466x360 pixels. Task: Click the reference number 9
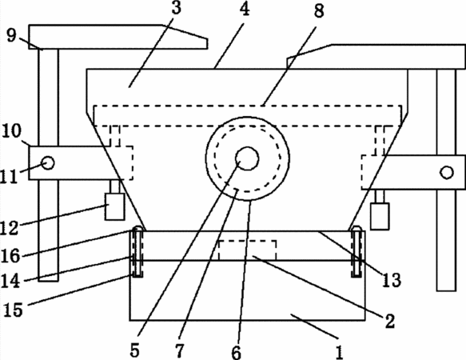[11, 36]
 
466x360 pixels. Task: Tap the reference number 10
[12, 131]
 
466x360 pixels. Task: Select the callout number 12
[10, 228]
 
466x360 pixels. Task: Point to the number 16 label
[10, 255]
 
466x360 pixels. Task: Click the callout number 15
[13, 310]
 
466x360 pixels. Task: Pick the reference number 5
[134, 350]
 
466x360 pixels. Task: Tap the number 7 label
[180, 350]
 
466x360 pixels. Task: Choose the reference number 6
[237, 353]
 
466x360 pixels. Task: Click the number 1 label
[340, 352]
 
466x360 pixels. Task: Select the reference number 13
[392, 280]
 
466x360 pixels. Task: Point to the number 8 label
[319, 11]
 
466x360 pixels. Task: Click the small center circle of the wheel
[247, 158]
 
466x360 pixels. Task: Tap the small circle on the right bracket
[447, 173]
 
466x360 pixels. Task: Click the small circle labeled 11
[48, 162]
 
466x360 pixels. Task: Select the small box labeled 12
[115, 206]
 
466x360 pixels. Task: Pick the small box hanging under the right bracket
[380, 216]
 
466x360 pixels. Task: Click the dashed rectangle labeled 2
[248, 250]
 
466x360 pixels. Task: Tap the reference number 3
[176, 7]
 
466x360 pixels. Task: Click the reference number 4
[245, 9]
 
